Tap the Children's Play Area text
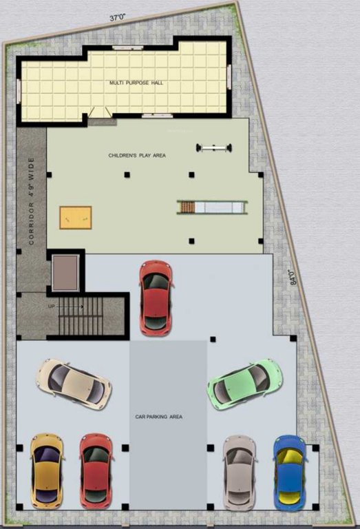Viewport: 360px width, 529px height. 137,156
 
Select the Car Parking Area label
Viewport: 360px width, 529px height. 159,417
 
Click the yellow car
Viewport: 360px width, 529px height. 46,468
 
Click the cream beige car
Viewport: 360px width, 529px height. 74,383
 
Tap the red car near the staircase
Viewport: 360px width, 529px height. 156,298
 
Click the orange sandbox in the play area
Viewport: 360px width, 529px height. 75,216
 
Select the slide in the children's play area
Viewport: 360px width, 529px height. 213,205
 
